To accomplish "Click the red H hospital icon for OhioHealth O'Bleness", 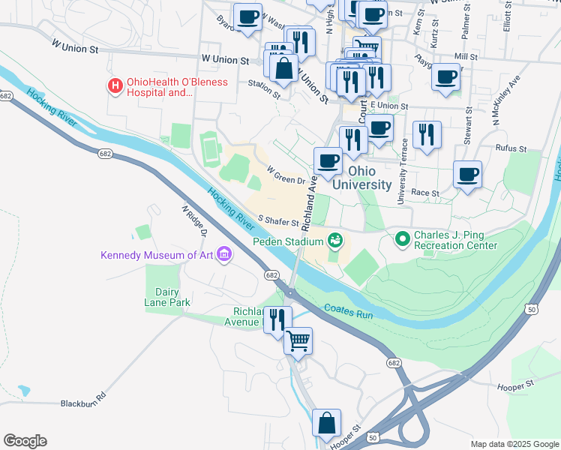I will click(x=115, y=86).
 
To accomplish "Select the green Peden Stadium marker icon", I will click(x=335, y=241).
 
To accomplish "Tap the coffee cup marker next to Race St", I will click(x=468, y=175).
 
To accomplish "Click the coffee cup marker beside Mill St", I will click(x=445, y=76).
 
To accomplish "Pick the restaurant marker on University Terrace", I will click(x=427, y=135).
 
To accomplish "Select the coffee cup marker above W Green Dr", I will click(x=328, y=160).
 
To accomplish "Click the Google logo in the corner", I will click(x=25, y=441).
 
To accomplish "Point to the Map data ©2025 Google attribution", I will click(x=514, y=444).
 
